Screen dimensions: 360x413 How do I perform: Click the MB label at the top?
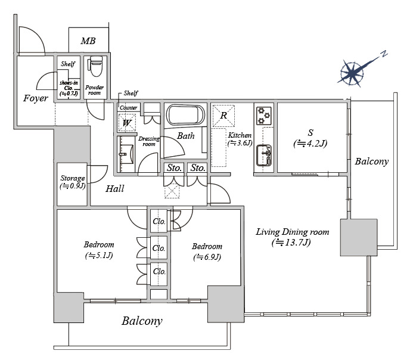[88, 41]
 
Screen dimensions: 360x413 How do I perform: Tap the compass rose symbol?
[353, 73]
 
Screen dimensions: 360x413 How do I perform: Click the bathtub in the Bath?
[185, 114]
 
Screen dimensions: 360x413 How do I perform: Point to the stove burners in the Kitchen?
[263, 114]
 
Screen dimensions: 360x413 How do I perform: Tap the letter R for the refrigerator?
[223, 115]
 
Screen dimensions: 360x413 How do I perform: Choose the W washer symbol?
[127, 123]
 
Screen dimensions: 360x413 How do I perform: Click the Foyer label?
[36, 98]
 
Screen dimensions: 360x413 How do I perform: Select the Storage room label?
[72, 181]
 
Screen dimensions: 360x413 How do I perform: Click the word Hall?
[115, 189]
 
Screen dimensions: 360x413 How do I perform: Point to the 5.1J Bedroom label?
[99, 250]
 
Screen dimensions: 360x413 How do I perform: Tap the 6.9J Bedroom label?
[207, 251]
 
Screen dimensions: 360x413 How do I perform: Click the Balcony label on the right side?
[371, 162]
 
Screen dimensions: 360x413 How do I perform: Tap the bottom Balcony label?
[142, 321]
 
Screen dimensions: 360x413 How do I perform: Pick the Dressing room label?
[149, 141]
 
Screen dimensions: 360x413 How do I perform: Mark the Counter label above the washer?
[129, 107]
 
